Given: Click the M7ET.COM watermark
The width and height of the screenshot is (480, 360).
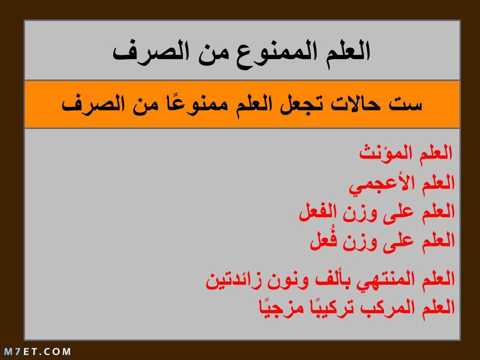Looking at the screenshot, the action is click(37, 351).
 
